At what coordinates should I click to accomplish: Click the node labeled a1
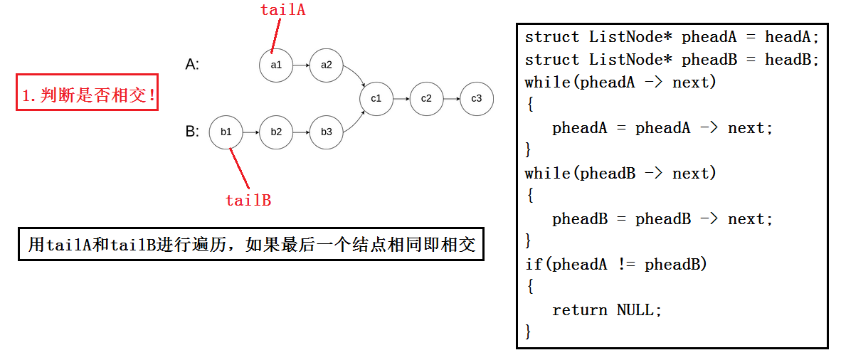[x=276, y=65]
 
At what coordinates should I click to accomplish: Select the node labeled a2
[x=326, y=65]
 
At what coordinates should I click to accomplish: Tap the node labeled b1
[x=226, y=132]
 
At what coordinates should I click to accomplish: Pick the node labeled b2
[x=276, y=132]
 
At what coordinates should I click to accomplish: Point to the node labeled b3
[x=326, y=132]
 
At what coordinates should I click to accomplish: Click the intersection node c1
[x=376, y=99]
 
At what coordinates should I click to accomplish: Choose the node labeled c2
[x=426, y=99]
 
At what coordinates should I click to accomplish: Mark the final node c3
[x=476, y=99]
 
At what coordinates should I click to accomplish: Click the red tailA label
[x=282, y=10]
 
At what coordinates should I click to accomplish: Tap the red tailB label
[x=248, y=200]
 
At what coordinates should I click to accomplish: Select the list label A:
[x=192, y=65]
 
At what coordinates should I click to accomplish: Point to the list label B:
[x=192, y=132]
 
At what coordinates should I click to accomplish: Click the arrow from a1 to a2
[x=301, y=65]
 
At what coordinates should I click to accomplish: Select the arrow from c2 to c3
[x=451, y=99]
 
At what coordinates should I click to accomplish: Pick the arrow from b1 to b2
[x=251, y=132]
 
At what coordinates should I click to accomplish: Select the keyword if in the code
[x=533, y=265]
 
